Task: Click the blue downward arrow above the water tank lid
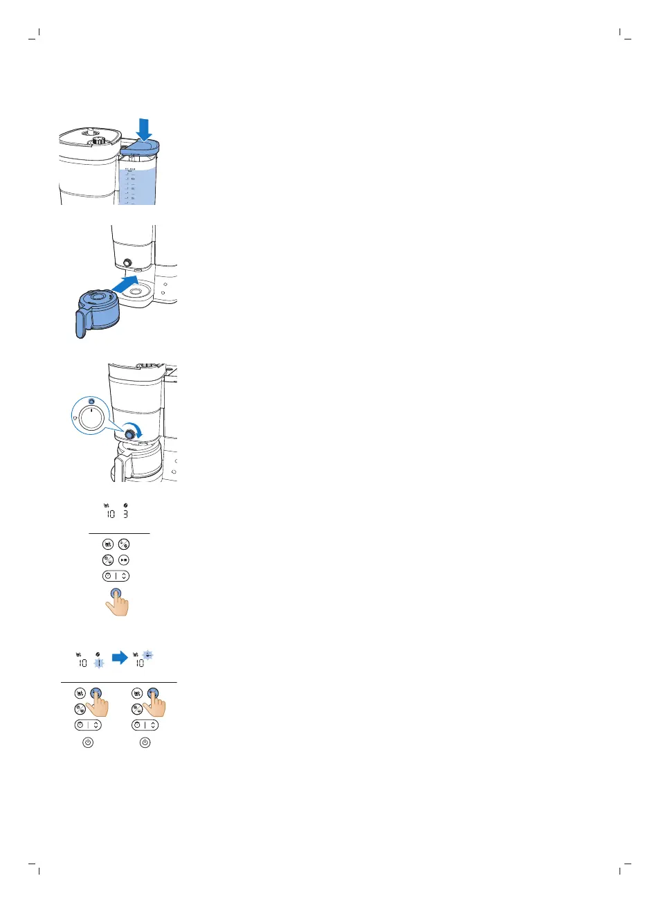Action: point(144,128)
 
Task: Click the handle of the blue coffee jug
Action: point(80,323)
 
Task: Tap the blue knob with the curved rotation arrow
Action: point(129,433)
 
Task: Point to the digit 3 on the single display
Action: point(125,515)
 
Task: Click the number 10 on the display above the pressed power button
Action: point(110,515)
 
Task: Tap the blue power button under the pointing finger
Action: point(116,593)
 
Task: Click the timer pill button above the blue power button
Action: point(115,575)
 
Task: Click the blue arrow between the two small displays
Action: point(120,658)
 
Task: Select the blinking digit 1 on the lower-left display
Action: point(98,663)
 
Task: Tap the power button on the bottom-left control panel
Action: point(88,742)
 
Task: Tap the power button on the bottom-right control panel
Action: point(145,742)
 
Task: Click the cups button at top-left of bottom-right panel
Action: point(138,692)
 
